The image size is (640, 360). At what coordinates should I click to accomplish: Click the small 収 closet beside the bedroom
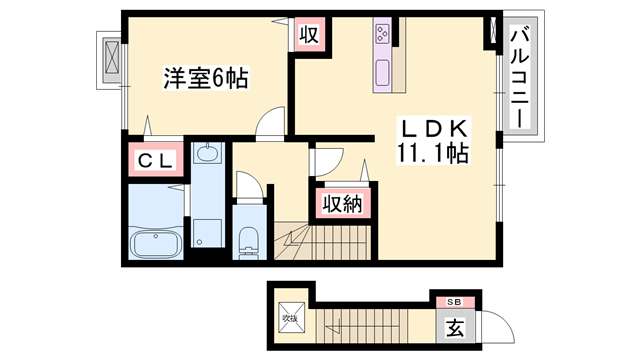coord(310,36)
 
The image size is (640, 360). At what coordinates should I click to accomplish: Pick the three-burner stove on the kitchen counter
coord(383,35)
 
